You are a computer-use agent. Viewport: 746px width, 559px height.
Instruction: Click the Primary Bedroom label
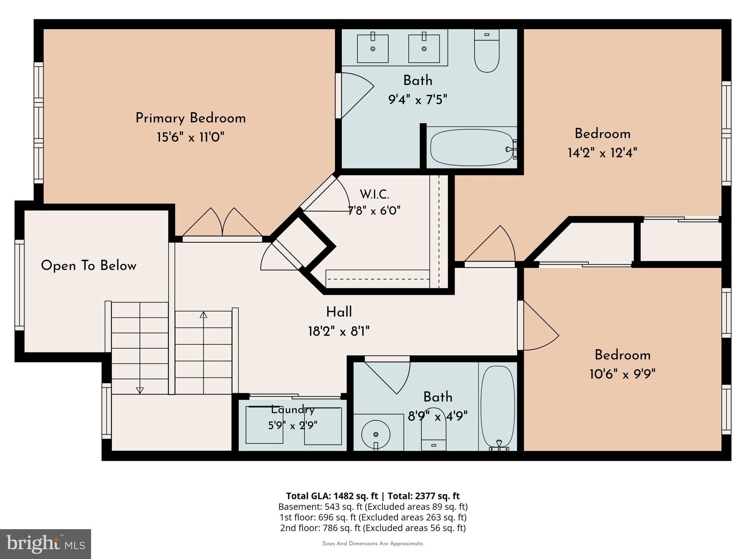191,118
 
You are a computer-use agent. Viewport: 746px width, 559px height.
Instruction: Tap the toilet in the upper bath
487,51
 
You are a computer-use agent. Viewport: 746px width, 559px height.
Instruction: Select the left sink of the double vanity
373,48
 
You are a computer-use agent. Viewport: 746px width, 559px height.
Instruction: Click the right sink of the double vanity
424,48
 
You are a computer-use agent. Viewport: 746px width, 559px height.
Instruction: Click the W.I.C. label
374,195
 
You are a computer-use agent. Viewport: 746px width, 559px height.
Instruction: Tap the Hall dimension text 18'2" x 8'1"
339,332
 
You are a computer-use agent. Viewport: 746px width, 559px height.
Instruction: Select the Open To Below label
89,266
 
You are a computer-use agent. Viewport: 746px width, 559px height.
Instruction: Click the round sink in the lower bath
376,434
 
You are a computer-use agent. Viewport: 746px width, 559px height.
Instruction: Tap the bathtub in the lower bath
498,407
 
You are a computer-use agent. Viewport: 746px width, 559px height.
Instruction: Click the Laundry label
292,410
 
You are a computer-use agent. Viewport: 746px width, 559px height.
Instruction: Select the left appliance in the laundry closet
264,425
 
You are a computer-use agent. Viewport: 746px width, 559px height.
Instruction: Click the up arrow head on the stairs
203,315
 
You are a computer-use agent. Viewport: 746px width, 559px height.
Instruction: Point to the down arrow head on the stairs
140,390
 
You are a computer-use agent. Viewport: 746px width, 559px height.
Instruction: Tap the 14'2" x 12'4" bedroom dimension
602,153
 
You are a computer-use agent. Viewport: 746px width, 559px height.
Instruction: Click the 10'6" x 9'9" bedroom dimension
623,374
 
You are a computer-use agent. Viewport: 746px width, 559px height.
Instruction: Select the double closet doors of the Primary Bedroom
222,223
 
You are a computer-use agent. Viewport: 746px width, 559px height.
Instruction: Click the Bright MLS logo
46,544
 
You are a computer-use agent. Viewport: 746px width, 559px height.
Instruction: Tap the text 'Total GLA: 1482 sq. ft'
332,496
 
